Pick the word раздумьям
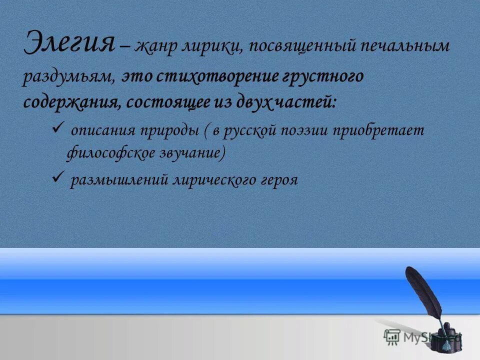[69, 77]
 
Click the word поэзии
[308, 130]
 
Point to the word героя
[278, 180]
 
